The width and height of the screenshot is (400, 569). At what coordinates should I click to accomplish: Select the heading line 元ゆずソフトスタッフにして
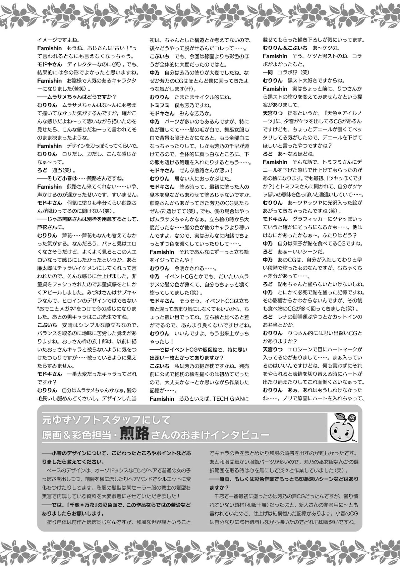[x=106, y=420]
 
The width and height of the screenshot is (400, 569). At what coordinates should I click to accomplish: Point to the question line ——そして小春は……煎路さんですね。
[x=81, y=179]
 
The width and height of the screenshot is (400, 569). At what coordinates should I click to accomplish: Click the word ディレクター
[x=82, y=64]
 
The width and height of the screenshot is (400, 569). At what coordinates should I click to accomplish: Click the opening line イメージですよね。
[x=58, y=40]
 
